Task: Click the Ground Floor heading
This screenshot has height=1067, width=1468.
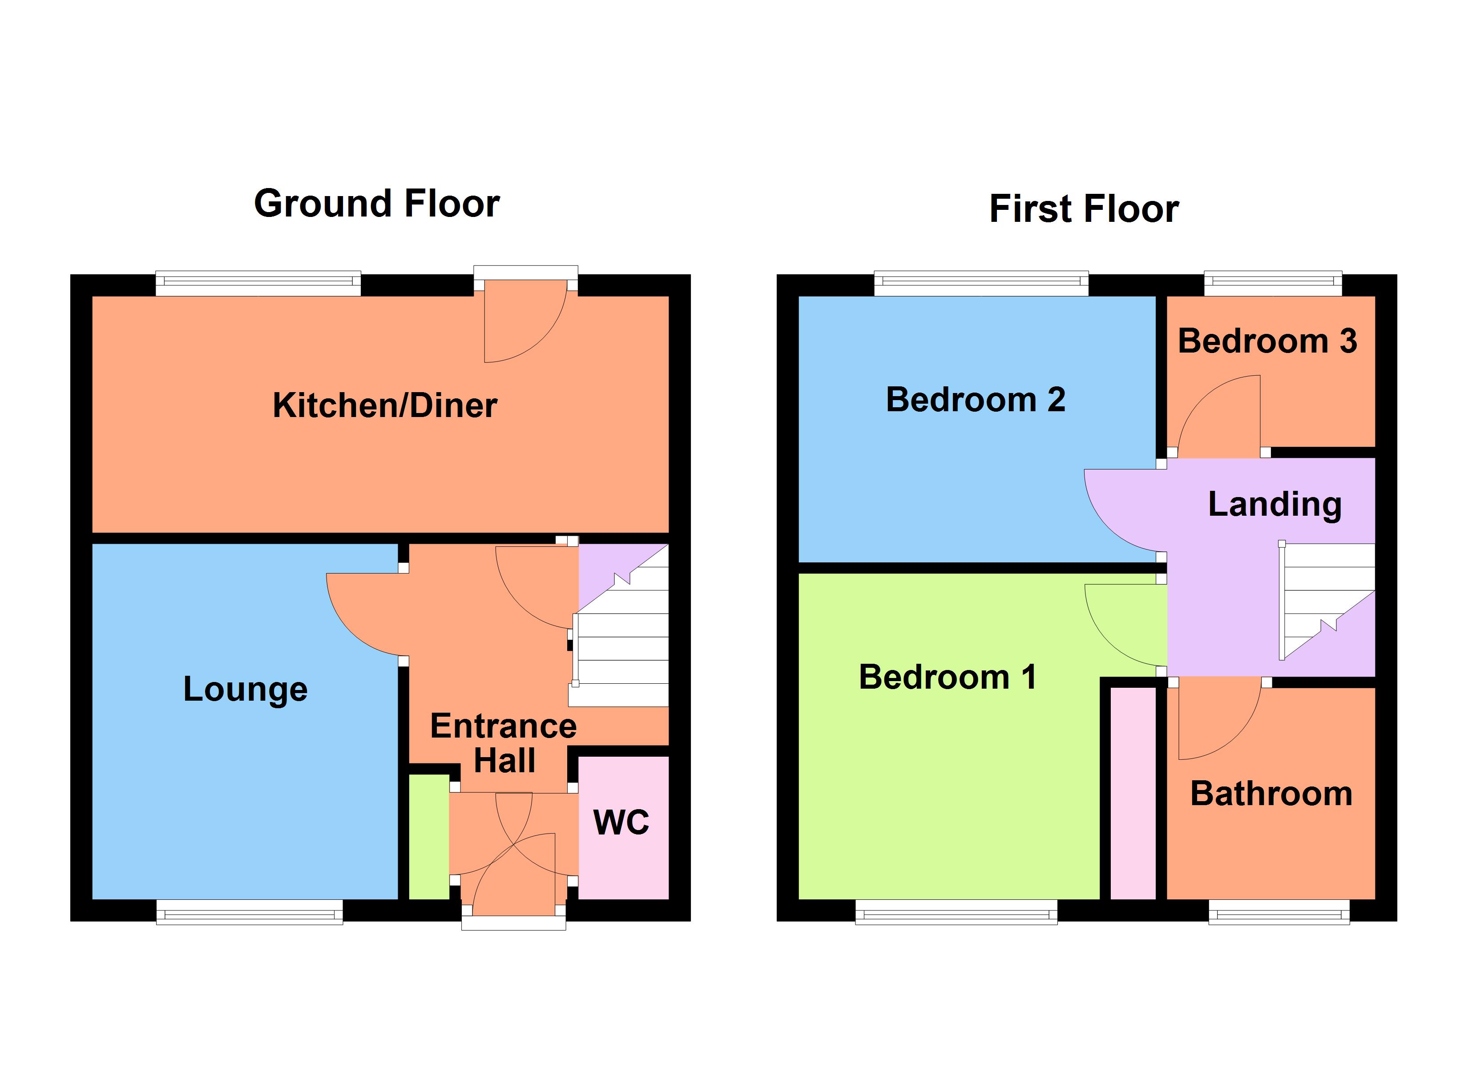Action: point(377,203)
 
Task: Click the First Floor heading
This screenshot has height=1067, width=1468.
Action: point(1084,209)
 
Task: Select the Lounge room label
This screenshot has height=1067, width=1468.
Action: point(245,689)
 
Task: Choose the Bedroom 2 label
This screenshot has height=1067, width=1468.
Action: point(976,399)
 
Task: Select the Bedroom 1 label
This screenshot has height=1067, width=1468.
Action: point(948,678)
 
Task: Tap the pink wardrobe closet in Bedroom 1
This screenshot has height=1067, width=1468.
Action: point(1133,793)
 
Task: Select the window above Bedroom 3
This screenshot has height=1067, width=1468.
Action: point(1273,282)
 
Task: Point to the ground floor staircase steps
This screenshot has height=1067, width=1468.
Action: point(621,654)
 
